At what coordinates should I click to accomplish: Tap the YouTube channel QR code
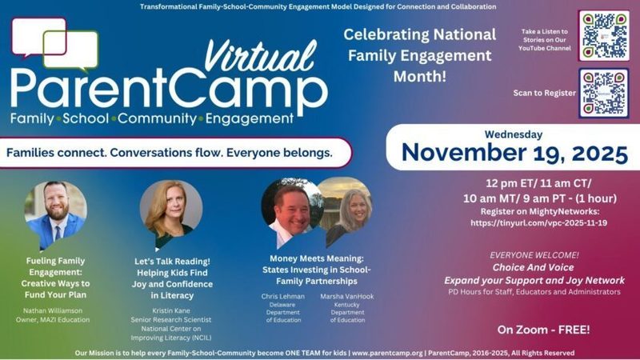(x=604, y=35)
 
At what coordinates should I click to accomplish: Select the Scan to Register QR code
(x=604, y=92)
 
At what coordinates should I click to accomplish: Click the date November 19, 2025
(x=512, y=152)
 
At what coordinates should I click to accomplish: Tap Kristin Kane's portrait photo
(x=170, y=210)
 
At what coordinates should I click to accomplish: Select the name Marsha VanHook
(x=346, y=296)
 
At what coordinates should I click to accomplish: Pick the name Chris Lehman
(x=285, y=296)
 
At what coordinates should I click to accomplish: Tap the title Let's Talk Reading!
(x=171, y=260)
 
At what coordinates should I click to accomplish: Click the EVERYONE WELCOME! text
(x=534, y=255)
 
